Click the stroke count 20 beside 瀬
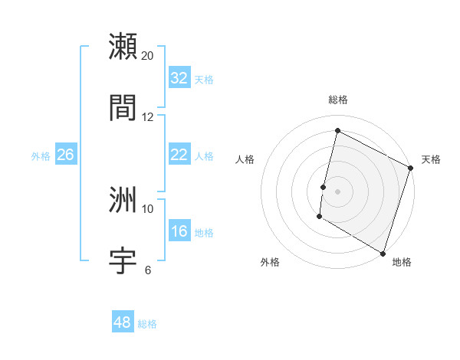[x=148, y=56]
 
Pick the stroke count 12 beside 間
[x=148, y=117]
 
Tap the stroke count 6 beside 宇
[x=148, y=270]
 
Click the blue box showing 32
[x=179, y=78]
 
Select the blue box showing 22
[x=179, y=155]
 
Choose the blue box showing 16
[x=179, y=231]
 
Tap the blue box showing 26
[x=65, y=155]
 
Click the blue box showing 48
[x=123, y=322]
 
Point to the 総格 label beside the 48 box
[x=147, y=324]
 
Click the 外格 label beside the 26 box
[x=41, y=156]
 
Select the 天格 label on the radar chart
[x=431, y=159]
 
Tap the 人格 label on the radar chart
[x=245, y=159]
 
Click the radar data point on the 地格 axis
[x=383, y=252]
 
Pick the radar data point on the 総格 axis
[x=337, y=131]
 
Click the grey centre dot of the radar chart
[x=337, y=191]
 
